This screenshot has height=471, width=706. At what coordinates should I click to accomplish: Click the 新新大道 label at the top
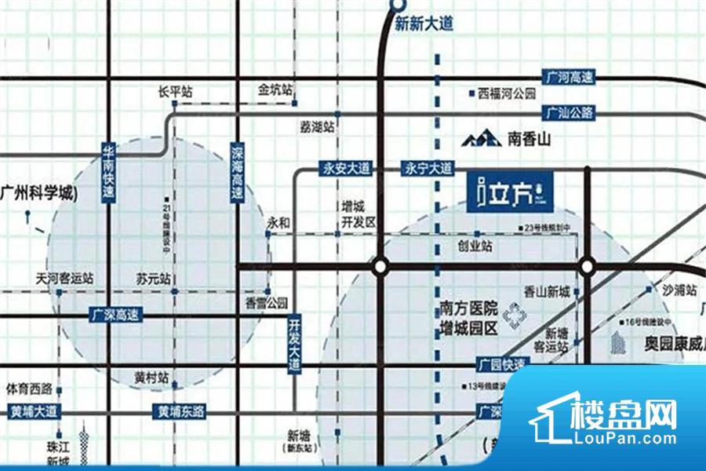coord(424,24)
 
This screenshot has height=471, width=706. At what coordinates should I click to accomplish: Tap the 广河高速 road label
coord(571,78)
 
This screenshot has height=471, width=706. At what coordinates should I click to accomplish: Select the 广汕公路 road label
coord(571,113)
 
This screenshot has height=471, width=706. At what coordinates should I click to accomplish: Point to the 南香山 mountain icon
coord(480,140)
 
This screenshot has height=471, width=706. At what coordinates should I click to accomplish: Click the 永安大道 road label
coord(345,168)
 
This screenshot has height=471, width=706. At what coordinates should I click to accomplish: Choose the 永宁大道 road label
coord(428,168)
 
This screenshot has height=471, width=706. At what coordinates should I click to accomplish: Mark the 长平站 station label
coord(174,92)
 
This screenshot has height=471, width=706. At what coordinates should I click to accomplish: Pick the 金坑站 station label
coord(275,89)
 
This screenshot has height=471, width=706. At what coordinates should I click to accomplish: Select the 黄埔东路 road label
coord(180,411)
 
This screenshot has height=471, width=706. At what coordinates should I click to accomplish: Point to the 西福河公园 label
coord(506,93)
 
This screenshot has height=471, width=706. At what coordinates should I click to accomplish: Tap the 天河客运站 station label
coord(64,278)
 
